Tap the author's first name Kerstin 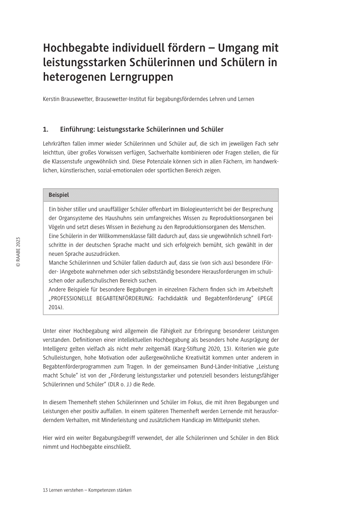[51, 99]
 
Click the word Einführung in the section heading [78, 129]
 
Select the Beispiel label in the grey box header [59, 195]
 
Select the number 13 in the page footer [45, 490]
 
